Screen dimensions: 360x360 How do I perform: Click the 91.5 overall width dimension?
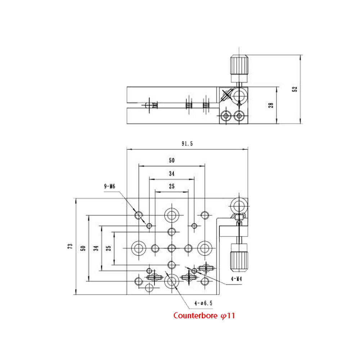[187, 143]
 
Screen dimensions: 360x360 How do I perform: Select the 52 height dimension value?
[295, 89]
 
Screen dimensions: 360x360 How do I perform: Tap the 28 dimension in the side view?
[271, 105]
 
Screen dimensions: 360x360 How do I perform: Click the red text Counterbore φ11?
[204, 316]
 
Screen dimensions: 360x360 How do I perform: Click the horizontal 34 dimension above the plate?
[171, 174]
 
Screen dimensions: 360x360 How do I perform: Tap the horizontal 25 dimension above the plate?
[171, 186]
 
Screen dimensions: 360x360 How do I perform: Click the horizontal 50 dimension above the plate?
[171, 160]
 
